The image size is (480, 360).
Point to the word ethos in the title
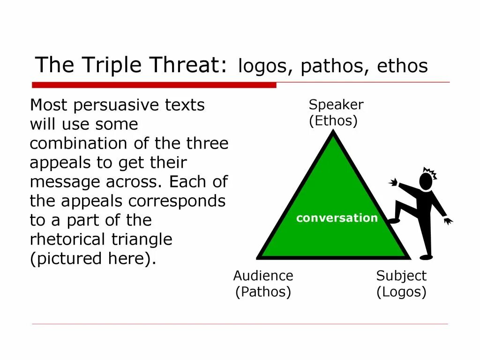pos(402,67)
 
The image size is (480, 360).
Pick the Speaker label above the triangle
pos(336,105)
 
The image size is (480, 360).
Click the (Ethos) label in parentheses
pos(333,121)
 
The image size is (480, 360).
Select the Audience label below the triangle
pos(263,276)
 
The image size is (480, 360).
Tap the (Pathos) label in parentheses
pos(263,292)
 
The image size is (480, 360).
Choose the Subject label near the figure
pos(401,276)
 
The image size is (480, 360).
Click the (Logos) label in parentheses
pos(401,292)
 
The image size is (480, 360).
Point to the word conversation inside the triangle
pos(337,218)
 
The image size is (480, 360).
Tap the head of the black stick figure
pos(426,181)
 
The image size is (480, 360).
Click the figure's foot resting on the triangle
pos(394,220)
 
